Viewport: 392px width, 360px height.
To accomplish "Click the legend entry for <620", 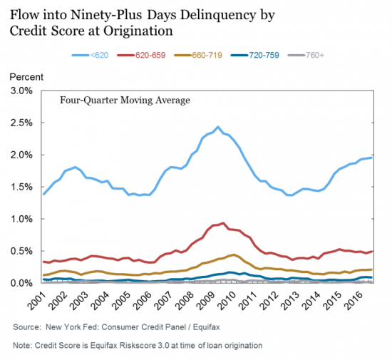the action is tap(90, 55).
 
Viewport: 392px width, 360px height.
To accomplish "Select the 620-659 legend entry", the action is tap(141, 55).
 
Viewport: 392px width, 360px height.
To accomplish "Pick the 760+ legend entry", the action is tap(306, 55).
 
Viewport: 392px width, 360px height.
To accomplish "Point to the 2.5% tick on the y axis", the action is tap(21, 123).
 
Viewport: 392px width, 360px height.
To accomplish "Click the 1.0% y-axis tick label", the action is tap(21, 219).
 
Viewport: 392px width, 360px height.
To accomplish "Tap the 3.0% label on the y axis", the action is tap(21, 91).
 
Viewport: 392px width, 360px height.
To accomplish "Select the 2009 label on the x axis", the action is tap(205, 301).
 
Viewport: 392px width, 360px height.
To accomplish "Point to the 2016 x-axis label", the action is tap(353, 301).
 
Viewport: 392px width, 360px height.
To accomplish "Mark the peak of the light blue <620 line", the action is tap(218, 127).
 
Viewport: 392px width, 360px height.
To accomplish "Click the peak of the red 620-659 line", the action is tap(223, 223).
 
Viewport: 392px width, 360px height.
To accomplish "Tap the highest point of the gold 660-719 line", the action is tap(234, 254).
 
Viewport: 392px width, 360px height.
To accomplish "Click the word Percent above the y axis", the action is tap(26, 77).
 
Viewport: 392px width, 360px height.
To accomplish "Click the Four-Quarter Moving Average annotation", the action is tap(125, 101).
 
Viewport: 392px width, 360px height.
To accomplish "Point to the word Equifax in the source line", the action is tap(206, 327).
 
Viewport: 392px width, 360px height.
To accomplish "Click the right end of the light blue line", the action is tap(372, 158).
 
